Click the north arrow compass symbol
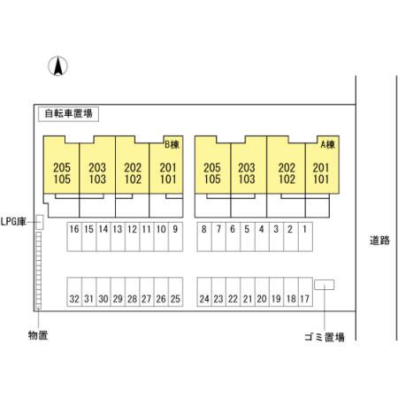tap(57, 66)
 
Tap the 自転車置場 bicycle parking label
tap(68, 113)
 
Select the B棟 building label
tap(172, 144)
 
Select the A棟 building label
tap(328, 144)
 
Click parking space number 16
tap(74, 236)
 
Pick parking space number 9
tap(175, 236)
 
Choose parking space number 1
tap(305, 236)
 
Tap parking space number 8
tap(204, 236)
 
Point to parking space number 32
tap(74, 292)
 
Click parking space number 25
tap(175, 292)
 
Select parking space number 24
tap(204, 292)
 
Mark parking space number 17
tap(305, 292)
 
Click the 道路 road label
tap(379, 241)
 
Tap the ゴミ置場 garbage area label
tap(325, 337)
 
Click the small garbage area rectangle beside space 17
tap(324, 285)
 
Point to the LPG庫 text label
tap(13, 222)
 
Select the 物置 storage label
tap(38, 335)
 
